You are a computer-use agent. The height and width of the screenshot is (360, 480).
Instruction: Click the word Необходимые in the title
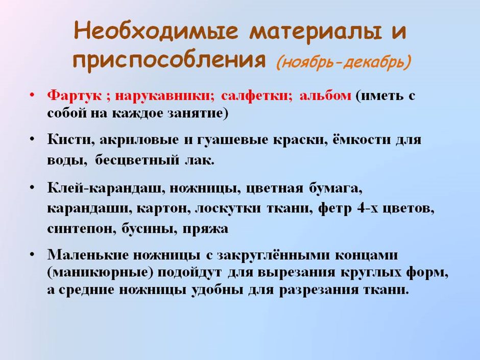[156, 32]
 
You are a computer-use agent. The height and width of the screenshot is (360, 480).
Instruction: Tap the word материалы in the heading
[316, 32]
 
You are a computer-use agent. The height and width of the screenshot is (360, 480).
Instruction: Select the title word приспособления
[170, 60]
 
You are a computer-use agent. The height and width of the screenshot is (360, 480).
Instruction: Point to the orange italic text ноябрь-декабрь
[343, 62]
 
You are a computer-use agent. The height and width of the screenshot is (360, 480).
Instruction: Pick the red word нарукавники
[162, 96]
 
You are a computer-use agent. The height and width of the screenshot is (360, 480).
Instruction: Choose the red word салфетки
[254, 96]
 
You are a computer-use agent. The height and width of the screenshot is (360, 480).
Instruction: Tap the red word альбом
[325, 96]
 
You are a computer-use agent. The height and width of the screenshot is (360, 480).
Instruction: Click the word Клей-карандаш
[104, 188]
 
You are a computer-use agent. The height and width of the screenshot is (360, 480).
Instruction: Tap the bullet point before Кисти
[32, 139]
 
